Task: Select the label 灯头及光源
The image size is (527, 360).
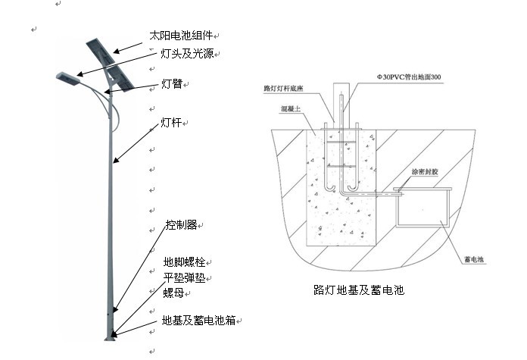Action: pyautogui.click(x=186, y=54)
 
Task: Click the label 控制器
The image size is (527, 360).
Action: pyautogui.click(x=181, y=225)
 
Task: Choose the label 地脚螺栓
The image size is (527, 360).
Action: pyautogui.click(x=184, y=262)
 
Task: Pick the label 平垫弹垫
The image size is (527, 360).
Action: pyautogui.click(x=184, y=277)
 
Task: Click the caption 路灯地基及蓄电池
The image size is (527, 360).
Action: pyautogui.click(x=358, y=290)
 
